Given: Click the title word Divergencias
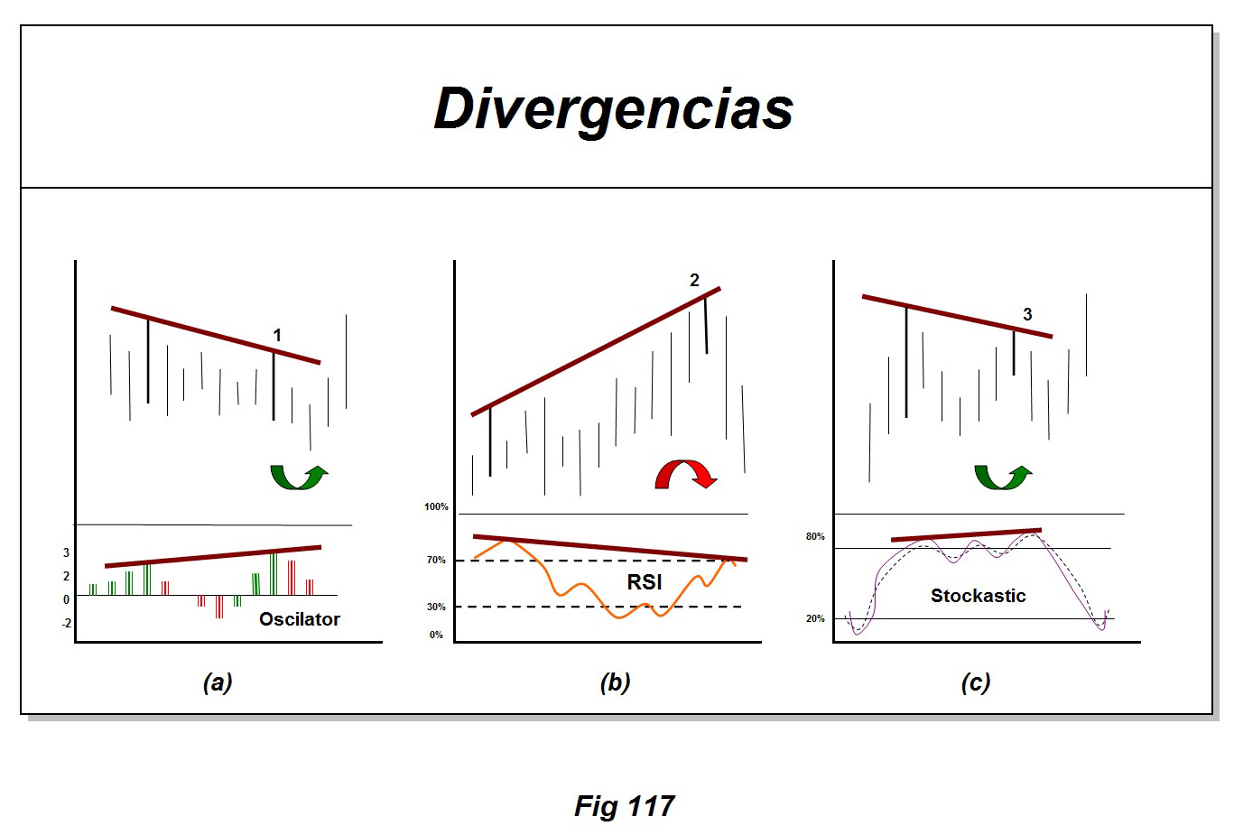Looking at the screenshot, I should pyautogui.click(x=613, y=109).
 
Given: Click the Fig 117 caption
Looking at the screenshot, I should pyautogui.click(x=624, y=806).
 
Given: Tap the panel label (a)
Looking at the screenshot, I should pyautogui.click(x=218, y=682).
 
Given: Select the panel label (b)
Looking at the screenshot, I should pyautogui.click(x=615, y=682).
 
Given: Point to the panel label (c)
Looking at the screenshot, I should pyautogui.click(x=976, y=682).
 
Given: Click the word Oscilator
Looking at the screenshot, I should pyautogui.click(x=299, y=619).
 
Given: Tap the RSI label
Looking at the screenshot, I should pyautogui.click(x=645, y=582).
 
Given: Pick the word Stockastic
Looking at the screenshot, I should pyautogui.click(x=978, y=596).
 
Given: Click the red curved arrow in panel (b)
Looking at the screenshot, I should pyautogui.click(x=685, y=474).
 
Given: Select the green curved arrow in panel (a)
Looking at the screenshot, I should pyautogui.click(x=299, y=476).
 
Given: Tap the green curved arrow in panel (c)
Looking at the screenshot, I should pyautogui.click(x=1002, y=476).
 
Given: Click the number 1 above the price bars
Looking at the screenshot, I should pyautogui.click(x=277, y=336).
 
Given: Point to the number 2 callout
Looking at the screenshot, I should pyautogui.click(x=694, y=281).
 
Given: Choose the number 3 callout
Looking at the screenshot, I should pyautogui.click(x=1027, y=315).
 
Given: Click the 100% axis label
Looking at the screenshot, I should pyautogui.click(x=436, y=507).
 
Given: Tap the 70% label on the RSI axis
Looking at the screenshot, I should pyautogui.click(x=436, y=561).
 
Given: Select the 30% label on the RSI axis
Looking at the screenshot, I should pyautogui.click(x=436, y=608).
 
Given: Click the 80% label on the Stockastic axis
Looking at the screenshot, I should pyautogui.click(x=815, y=537).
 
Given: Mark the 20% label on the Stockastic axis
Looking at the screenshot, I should pyautogui.click(x=815, y=619).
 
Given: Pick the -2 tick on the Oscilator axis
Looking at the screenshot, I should pyautogui.click(x=66, y=624).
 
